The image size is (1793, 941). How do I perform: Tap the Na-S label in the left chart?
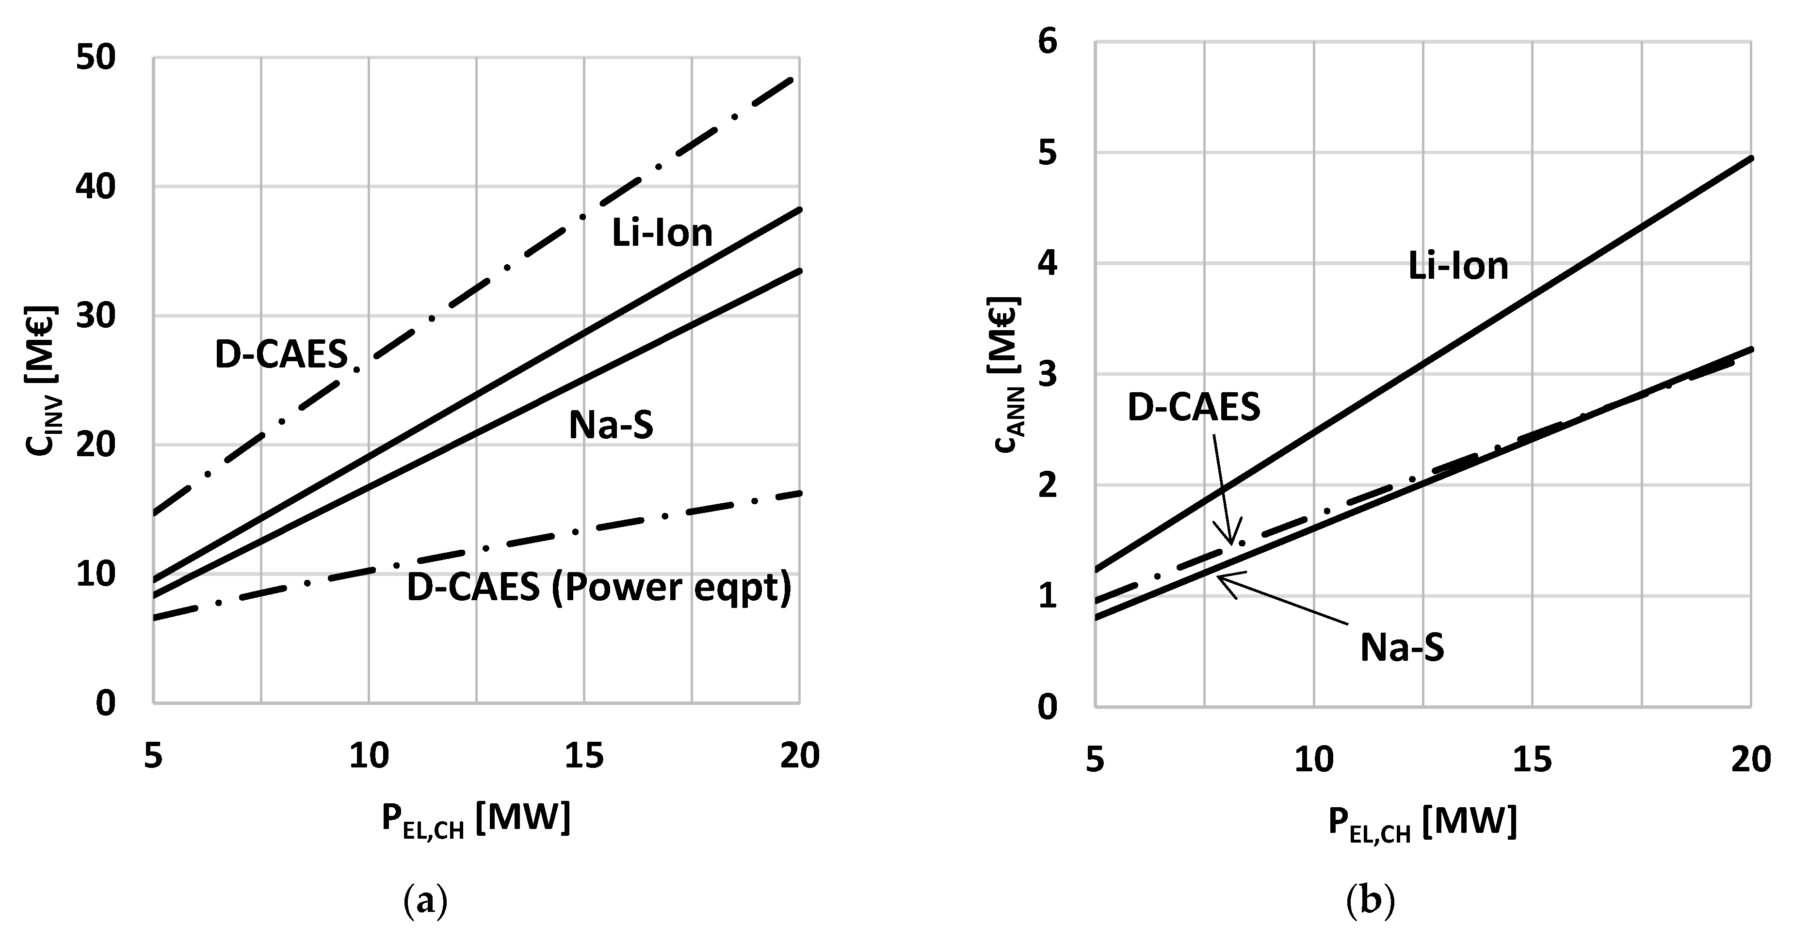click(x=611, y=425)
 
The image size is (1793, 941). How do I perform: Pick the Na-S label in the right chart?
click(x=1402, y=647)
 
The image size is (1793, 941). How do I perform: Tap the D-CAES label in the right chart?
click(x=1194, y=407)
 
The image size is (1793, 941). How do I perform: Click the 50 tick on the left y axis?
click(x=96, y=58)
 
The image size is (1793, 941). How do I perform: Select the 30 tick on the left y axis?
click(x=96, y=316)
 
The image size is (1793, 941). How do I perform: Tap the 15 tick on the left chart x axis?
click(x=584, y=756)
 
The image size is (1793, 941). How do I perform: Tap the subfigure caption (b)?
click(x=1371, y=902)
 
